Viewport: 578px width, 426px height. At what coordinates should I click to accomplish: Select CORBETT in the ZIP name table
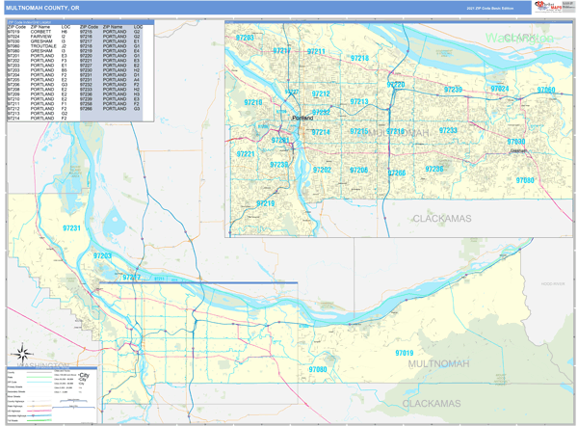[x=40, y=31]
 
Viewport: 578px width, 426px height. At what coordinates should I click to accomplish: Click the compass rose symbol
[x=24, y=355]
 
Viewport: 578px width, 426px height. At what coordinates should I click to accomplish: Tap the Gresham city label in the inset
[x=519, y=151]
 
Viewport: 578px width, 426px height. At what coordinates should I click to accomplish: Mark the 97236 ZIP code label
[x=434, y=169]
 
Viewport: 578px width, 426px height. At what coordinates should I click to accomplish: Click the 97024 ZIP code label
[x=500, y=89]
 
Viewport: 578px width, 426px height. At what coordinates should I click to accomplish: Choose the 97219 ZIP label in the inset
[x=265, y=203]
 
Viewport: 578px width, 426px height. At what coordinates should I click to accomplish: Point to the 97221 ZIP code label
[x=246, y=154]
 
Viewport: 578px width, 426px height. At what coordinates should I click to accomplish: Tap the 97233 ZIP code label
[x=448, y=130]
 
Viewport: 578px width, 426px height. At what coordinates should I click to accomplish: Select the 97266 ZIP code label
[x=396, y=173]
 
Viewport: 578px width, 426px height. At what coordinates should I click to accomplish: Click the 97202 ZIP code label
[x=322, y=170]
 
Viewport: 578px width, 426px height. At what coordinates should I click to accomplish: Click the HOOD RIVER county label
[x=553, y=284]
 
